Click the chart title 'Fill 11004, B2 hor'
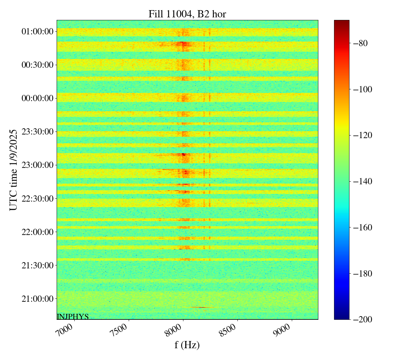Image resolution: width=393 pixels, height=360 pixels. pyautogui.click(x=187, y=14)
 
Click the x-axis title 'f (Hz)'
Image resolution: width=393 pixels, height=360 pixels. pyautogui.click(x=187, y=345)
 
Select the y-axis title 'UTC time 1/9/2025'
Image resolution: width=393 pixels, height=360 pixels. pyautogui.click(x=13, y=170)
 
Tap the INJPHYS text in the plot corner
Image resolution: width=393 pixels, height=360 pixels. pyautogui.click(x=73, y=316)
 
